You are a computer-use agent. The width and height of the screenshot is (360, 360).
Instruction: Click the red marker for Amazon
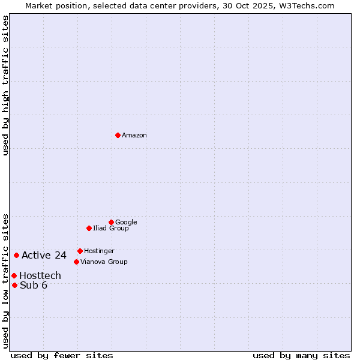click(118, 135)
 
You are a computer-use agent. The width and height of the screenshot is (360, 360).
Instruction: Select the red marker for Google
click(111, 222)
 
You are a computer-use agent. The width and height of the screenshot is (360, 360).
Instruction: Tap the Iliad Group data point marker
click(89, 228)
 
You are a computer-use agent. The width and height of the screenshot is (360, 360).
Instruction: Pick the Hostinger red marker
click(80, 251)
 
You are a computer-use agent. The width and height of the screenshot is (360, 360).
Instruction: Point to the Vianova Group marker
click(76, 262)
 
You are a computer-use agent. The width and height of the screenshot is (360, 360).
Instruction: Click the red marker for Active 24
click(16, 255)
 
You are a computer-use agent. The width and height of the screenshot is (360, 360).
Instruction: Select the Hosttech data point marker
click(14, 275)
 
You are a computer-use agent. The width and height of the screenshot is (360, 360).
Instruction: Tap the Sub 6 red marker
click(14, 285)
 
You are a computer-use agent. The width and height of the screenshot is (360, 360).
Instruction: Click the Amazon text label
click(134, 136)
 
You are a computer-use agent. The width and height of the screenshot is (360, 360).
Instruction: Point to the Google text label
click(126, 223)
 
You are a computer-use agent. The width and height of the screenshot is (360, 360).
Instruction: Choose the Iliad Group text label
click(111, 229)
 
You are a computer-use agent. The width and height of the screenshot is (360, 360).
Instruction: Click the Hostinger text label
click(99, 251)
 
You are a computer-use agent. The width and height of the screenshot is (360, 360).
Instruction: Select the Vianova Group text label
click(104, 262)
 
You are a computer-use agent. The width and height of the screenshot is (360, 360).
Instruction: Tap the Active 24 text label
click(44, 256)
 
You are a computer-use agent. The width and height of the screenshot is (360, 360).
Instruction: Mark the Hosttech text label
click(40, 276)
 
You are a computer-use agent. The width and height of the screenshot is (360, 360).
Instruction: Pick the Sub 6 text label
click(34, 286)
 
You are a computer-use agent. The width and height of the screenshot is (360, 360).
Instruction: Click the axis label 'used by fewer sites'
click(62, 355)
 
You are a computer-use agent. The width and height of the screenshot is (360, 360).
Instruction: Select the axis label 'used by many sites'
click(301, 355)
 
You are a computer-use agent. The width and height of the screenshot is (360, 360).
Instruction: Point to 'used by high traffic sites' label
click(5, 86)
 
